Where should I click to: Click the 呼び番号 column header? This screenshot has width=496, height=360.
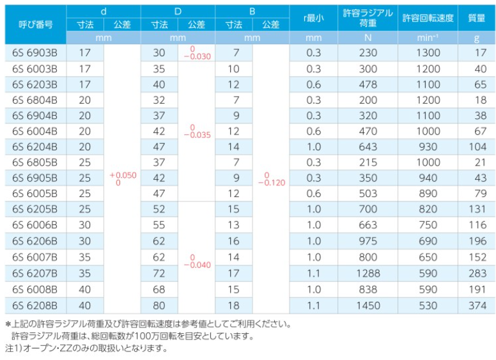click(x=35, y=24)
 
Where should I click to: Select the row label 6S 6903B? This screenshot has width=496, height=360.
click(x=35, y=52)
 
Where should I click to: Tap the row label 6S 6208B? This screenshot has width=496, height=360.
click(x=35, y=306)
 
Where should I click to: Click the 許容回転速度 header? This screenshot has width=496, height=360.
click(x=428, y=18)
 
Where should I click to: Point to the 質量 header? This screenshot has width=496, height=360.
click(x=476, y=18)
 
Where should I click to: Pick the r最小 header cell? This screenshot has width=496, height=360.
click(x=313, y=18)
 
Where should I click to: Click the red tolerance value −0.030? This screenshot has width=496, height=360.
click(x=197, y=57)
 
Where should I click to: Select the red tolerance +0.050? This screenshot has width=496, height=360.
click(x=123, y=175)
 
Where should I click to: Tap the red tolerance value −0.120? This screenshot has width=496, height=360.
click(x=272, y=183)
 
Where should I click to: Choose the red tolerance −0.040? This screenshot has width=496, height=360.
click(x=197, y=265)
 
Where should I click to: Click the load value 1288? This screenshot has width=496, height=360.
click(x=368, y=273)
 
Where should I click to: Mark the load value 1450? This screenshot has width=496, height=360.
click(x=368, y=306)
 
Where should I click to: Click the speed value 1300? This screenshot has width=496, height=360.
click(x=428, y=52)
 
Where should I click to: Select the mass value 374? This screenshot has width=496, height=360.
click(x=477, y=306)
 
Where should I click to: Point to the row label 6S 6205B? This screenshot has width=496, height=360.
click(x=35, y=209)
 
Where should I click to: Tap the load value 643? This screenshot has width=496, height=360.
click(x=368, y=147)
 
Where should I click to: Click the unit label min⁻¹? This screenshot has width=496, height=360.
click(x=428, y=38)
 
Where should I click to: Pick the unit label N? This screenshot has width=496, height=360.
click(x=368, y=38)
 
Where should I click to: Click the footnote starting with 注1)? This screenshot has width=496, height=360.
click(x=86, y=348)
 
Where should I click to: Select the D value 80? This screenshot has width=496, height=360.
click(x=159, y=306)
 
